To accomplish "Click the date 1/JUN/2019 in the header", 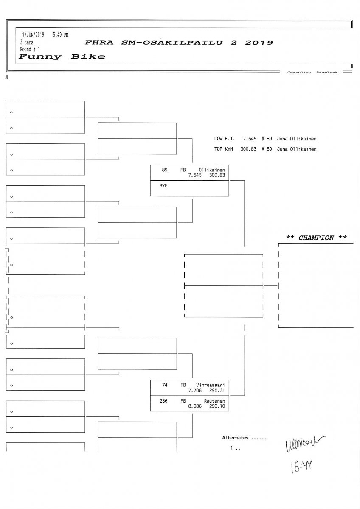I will tap(32, 35).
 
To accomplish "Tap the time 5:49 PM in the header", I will tap(60, 35).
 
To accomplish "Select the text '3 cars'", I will tap(27, 42).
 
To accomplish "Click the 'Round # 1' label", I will tap(30, 49).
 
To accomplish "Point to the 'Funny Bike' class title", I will tap(62, 57).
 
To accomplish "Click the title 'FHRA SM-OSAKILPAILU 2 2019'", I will tap(179, 42).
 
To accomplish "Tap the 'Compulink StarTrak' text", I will tap(312, 73).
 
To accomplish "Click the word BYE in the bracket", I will tap(163, 186).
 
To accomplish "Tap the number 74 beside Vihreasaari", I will tap(165, 385).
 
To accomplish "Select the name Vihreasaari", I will tap(211, 385).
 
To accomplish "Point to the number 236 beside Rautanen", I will tap(163, 400).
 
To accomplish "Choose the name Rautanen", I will tap(214, 400).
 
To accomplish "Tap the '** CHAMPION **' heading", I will tap(316, 238).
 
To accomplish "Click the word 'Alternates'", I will tap(235, 437).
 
